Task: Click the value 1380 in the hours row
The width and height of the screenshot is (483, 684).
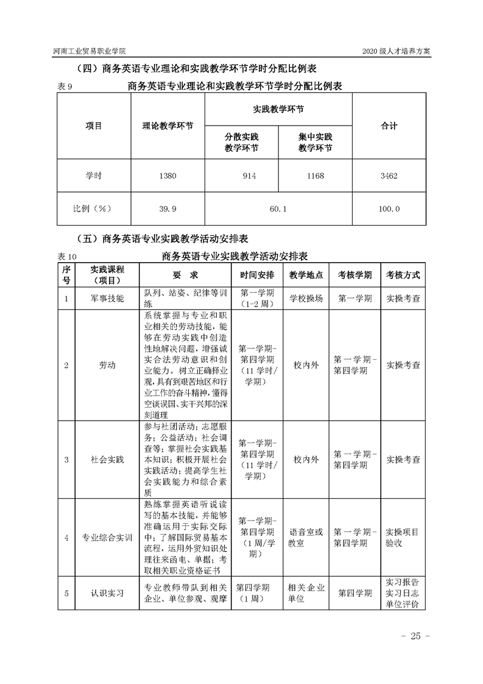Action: click(167, 176)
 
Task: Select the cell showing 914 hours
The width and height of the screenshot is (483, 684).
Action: click(241, 176)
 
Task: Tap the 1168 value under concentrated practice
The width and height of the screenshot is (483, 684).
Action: click(316, 176)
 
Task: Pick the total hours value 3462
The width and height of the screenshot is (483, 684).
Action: click(388, 176)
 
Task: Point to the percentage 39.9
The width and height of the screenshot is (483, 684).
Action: click(167, 208)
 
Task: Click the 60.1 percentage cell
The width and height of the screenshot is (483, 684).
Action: click(278, 208)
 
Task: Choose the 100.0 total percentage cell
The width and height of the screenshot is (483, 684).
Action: click(388, 208)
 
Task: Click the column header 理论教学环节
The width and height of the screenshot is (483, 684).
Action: click(167, 126)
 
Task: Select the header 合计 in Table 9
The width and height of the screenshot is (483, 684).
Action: click(389, 126)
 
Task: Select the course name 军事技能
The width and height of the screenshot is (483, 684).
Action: click(107, 299)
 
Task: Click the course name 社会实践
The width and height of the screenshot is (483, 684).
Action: click(107, 459)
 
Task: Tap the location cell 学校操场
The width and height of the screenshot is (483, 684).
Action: click(306, 299)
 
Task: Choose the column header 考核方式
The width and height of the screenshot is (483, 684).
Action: click(403, 275)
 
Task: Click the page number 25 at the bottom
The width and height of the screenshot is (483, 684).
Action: click(415, 636)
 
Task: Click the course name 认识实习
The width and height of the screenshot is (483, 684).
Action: click(107, 593)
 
